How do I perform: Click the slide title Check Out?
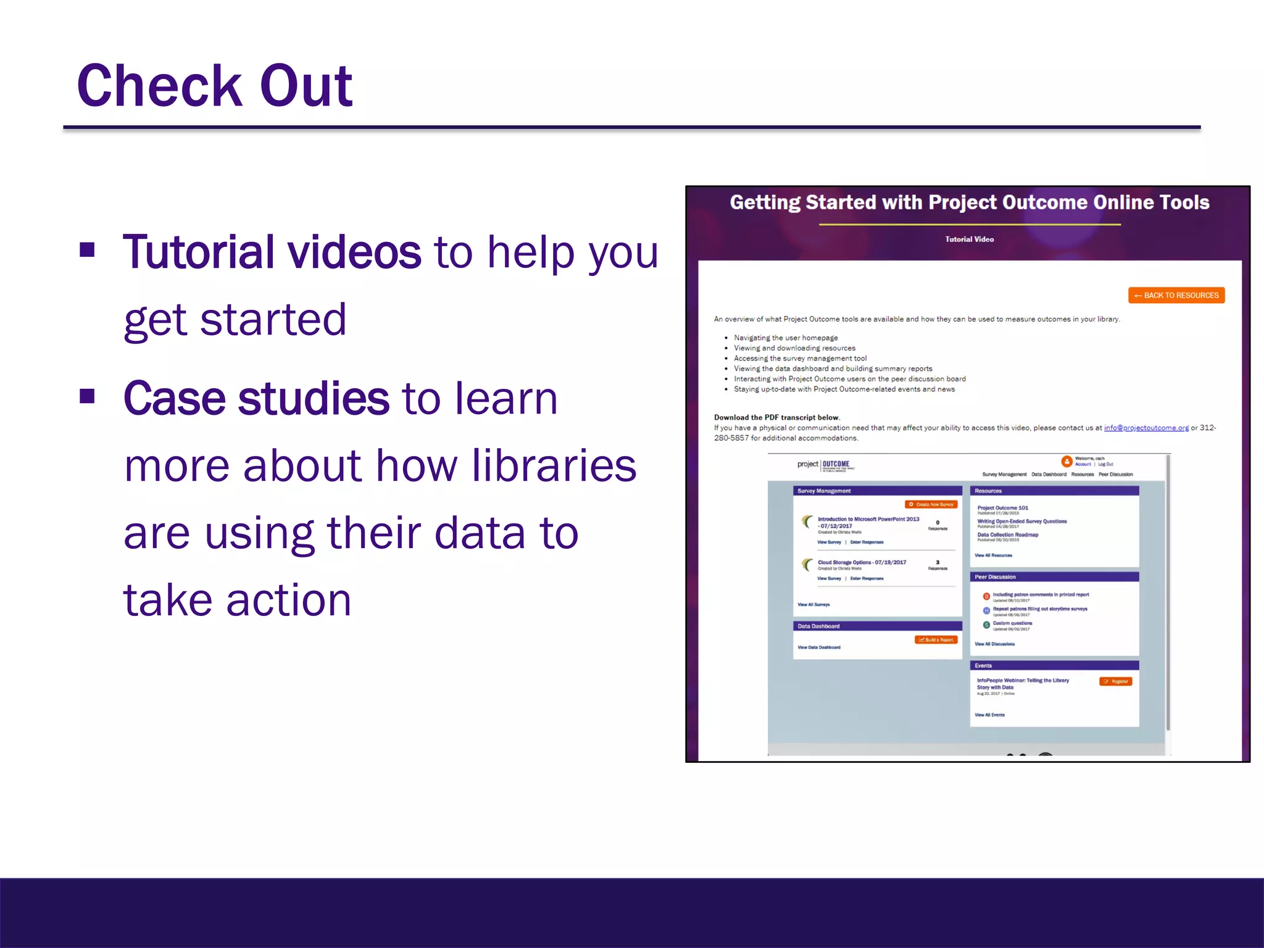[x=215, y=86]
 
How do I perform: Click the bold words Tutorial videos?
[x=272, y=252]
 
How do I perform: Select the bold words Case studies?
[x=256, y=399]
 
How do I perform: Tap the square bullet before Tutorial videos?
[x=88, y=250]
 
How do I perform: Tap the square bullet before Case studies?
[x=88, y=396]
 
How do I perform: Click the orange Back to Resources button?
[x=1176, y=296]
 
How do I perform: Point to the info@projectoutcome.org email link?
[x=1146, y=428]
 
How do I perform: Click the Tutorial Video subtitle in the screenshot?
[x=969, y=239]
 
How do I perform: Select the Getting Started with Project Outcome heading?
[x=969, y=202]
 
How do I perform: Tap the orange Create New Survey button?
[x=931, y=504]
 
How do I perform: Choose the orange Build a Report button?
[x=936, y=640]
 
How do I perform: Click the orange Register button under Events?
[x=1116, y=681]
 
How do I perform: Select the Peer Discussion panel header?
[x=995, y=577]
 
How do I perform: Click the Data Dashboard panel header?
[x=818, y=626]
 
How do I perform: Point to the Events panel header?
[x=983, y=666]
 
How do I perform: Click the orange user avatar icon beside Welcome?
[x=1066, y=461]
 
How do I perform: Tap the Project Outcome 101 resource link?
[x=1002, y=508]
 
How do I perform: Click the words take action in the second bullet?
[x=238, y=600]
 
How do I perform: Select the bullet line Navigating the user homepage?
[x=785, y=338]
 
